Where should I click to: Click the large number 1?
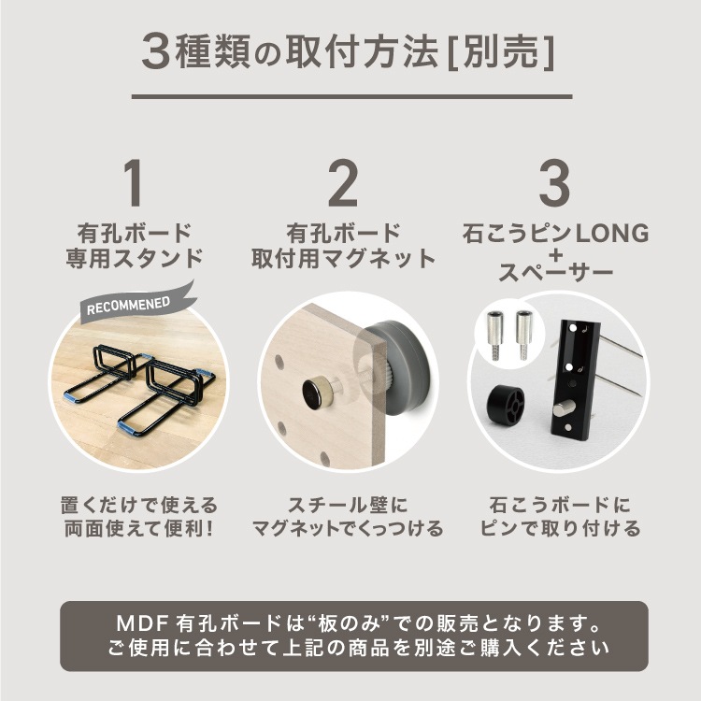134,183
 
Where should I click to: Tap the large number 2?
343,183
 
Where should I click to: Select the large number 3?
554,183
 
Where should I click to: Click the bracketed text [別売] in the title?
501,52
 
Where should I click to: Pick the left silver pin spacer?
494,336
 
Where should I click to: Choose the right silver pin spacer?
524,336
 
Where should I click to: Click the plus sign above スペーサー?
556,256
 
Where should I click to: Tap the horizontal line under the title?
351,96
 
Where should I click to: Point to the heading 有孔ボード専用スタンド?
135,246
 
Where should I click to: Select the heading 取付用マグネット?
343,259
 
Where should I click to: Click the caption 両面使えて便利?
139,528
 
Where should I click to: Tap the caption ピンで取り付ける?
560,528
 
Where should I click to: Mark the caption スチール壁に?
348,505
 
